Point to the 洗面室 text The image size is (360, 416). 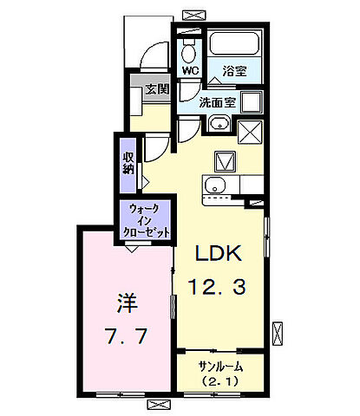tap(218, 102)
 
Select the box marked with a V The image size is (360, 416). tap(225, 161)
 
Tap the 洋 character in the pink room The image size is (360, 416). tap(125, 305)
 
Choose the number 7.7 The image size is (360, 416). tap(122, 334)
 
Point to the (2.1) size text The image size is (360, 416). tap(219, 382)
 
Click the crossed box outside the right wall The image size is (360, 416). tap(278, 330)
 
